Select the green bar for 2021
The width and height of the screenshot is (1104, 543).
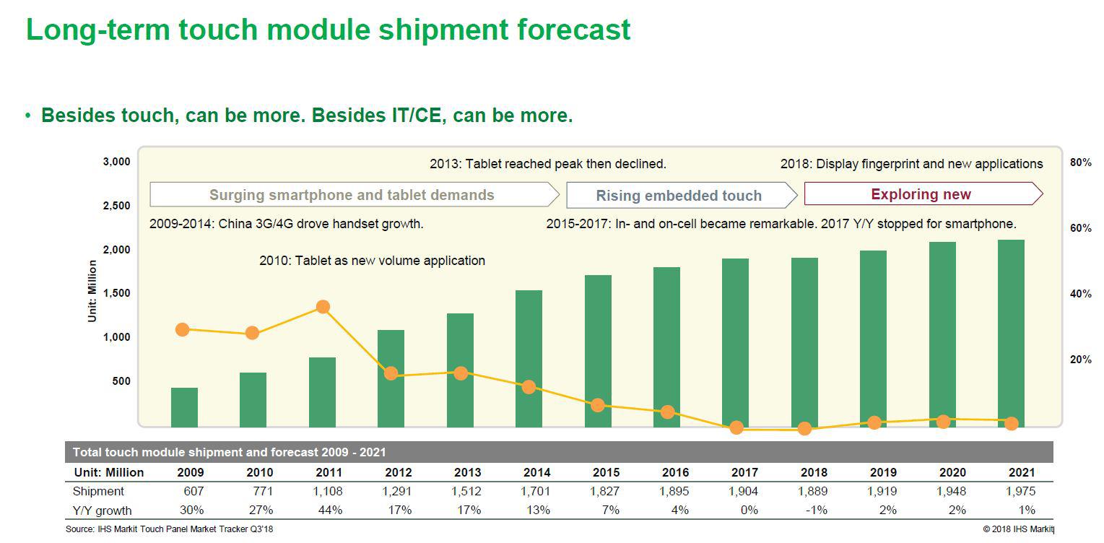[1011, 334]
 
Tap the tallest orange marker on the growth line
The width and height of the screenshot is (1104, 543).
[323, 307]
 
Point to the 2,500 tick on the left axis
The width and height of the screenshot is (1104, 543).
[117, 206]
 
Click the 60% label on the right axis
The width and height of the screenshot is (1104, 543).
[1080, 228]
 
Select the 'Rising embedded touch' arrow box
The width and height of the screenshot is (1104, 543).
[682, 195]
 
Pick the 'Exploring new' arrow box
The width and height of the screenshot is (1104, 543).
[923, 194]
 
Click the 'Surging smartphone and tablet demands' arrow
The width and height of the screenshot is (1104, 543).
[355, 195]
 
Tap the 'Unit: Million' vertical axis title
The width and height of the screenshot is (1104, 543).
[92, 291]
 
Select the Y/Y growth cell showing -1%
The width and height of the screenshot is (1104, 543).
[817, 510]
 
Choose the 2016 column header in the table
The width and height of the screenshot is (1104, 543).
[675, 472]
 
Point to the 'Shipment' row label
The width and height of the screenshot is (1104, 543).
[98, 491]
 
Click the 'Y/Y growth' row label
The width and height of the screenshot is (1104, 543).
[102, 511]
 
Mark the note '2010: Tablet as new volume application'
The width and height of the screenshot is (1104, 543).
[372, 261]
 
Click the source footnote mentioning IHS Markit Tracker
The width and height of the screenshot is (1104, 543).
[169, 529]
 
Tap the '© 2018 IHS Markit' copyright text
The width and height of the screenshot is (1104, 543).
[1018, 529]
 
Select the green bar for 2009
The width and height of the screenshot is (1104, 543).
[184, 407]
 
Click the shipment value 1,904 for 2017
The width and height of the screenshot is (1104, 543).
[743, 491]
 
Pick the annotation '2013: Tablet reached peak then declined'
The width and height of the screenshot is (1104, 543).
[547, 164]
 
